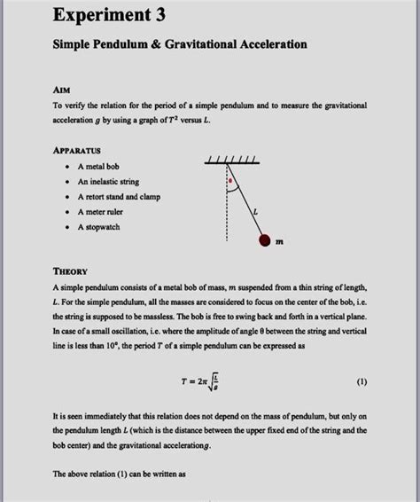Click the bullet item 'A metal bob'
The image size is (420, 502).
pyautogui.click(x=104, y=167)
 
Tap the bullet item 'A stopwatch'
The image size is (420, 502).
pyautogui.click(x=98, y=227)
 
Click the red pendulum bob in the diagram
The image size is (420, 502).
pyautogui.click(x=263, y=240)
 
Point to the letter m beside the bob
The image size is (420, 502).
pyautogui.click(x=280, y=241)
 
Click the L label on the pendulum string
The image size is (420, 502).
pyautogui.click(x=256, y=212)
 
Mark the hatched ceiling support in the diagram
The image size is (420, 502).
pyautogui.click(x=229, y=161)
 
